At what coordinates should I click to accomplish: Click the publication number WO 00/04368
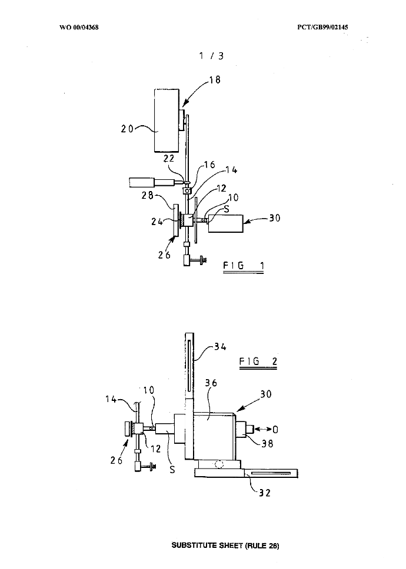click(x=79, y=27)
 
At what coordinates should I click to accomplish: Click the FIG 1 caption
click(x=243, y=266)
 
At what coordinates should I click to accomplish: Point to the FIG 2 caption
click(x=258, y=360)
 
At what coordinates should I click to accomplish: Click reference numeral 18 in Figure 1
click(x=215, y=80)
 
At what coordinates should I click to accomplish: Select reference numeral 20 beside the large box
click(x=128, y=129)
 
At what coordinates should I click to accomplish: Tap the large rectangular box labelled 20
click(x=167, y=119)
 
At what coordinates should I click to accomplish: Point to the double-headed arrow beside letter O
click(x=264, y=429)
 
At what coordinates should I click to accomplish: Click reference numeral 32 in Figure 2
click(x=265, y=493)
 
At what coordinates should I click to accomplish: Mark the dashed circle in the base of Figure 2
click(x=220, y=464)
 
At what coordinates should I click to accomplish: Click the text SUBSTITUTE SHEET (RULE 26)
click(x=225, y=545)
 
